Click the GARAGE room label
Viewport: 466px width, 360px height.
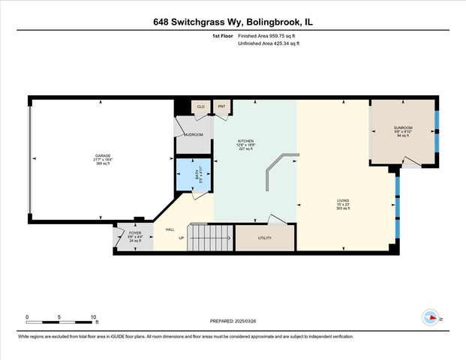(103, 158)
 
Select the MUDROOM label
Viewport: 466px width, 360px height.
(194, 134)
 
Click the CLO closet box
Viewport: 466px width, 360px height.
(200, 108)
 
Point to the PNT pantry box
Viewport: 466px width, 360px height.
(222, 108)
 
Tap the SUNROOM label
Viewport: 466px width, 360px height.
(402, 129)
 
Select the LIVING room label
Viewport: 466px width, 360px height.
(343, 201)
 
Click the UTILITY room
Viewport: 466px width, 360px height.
(264, 238)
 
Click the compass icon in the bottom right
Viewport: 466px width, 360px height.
(432, 316)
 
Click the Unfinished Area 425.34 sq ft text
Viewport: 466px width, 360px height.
(269, 44)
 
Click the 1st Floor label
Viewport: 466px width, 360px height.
(222, 35)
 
